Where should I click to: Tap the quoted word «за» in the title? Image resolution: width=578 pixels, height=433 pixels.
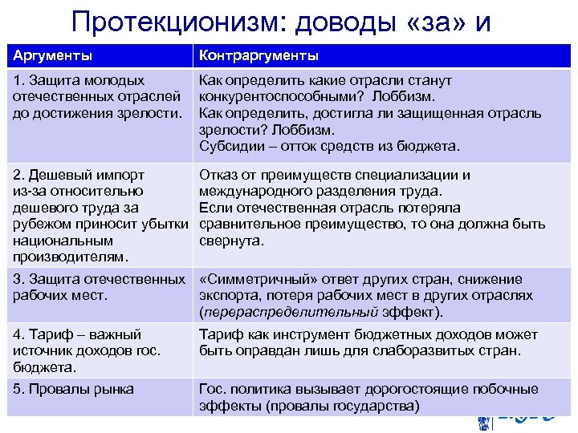429,22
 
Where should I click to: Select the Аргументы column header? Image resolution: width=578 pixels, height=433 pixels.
51,55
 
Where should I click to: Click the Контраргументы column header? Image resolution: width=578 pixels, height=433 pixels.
258,55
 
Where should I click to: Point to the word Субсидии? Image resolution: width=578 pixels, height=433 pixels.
229,146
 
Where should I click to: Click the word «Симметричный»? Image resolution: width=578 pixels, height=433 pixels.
252,279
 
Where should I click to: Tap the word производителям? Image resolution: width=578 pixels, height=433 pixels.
68,257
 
